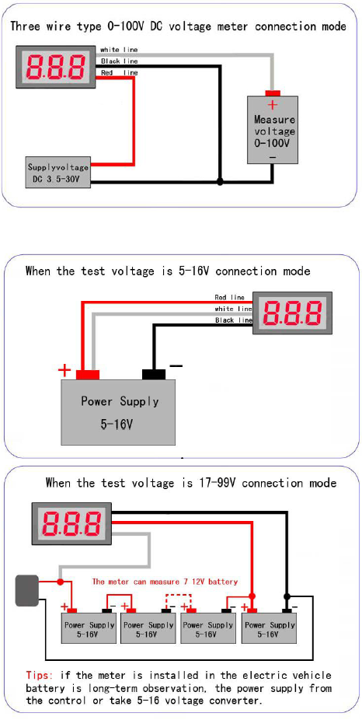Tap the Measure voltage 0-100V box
[x=273, y=130]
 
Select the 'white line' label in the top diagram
[x=119, y=50]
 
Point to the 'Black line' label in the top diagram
[x=120, y=61]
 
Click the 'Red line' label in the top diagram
[x=120, y=72]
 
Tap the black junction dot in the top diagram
[x=220, y=181]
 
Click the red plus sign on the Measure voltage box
[x=273, y=105]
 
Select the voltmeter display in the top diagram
[x=57, y=67]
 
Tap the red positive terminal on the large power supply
[x=88, y=374]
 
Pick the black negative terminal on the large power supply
[x=154, y=374]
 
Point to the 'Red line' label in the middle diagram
[x=229, y=298]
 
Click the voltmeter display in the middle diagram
[x=292, y=313]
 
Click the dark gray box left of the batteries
[x=27, y=590]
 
